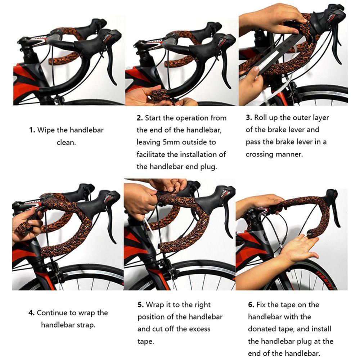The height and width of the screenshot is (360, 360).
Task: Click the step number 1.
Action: [x=32, y=130]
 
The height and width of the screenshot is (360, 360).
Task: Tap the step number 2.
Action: [x=140, y=118]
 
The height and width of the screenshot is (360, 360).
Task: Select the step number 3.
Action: [x=249, y=118]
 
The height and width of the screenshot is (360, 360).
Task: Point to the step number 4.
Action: [x=31, y=313]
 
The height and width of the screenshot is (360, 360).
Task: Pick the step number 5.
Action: [x=141, y=305]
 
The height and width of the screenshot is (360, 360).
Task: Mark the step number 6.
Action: [x=251, y=305]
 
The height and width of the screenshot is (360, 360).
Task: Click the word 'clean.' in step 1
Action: [x=66, y=142]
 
